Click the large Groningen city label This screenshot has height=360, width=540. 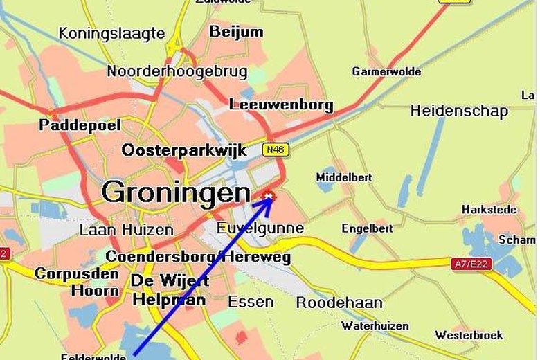click(176, 192)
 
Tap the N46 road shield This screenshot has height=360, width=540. click(275, 149)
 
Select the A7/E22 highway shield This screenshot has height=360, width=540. click(467, 263)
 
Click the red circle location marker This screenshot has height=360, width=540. click(269, 197)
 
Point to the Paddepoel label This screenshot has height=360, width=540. click(80, 125)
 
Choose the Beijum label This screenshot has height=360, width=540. click(236, 32)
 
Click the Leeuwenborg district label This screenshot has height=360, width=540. click(281, 105)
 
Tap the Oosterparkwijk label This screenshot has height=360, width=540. click(183, 150)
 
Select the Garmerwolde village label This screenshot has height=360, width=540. click(386, 71)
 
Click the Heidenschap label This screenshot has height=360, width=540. click(459, 111)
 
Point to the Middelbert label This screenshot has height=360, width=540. click(344, 177)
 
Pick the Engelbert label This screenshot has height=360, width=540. click(367, 228)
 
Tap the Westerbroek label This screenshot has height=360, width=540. click(469, 335)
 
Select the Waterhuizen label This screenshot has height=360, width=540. click(375, 325)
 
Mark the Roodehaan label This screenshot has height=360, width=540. click(339, 303)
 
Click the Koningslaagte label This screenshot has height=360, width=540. click(111, 33)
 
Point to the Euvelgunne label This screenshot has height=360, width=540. click(260, 228)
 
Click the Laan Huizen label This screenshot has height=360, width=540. click(126, 228)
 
